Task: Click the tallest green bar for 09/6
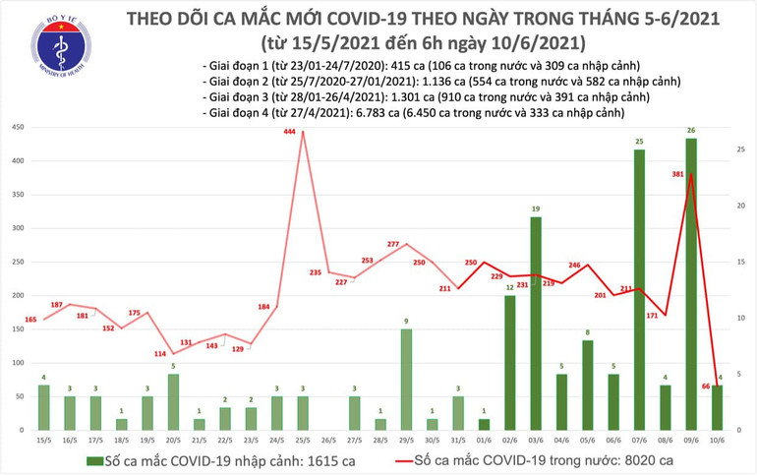pos(692,285)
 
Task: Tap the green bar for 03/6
pos(536,325)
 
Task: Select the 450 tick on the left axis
pos(18,129)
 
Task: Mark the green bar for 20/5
pos(173,402)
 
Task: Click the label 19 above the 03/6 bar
pos(536,209)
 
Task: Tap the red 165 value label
pos(29,320)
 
